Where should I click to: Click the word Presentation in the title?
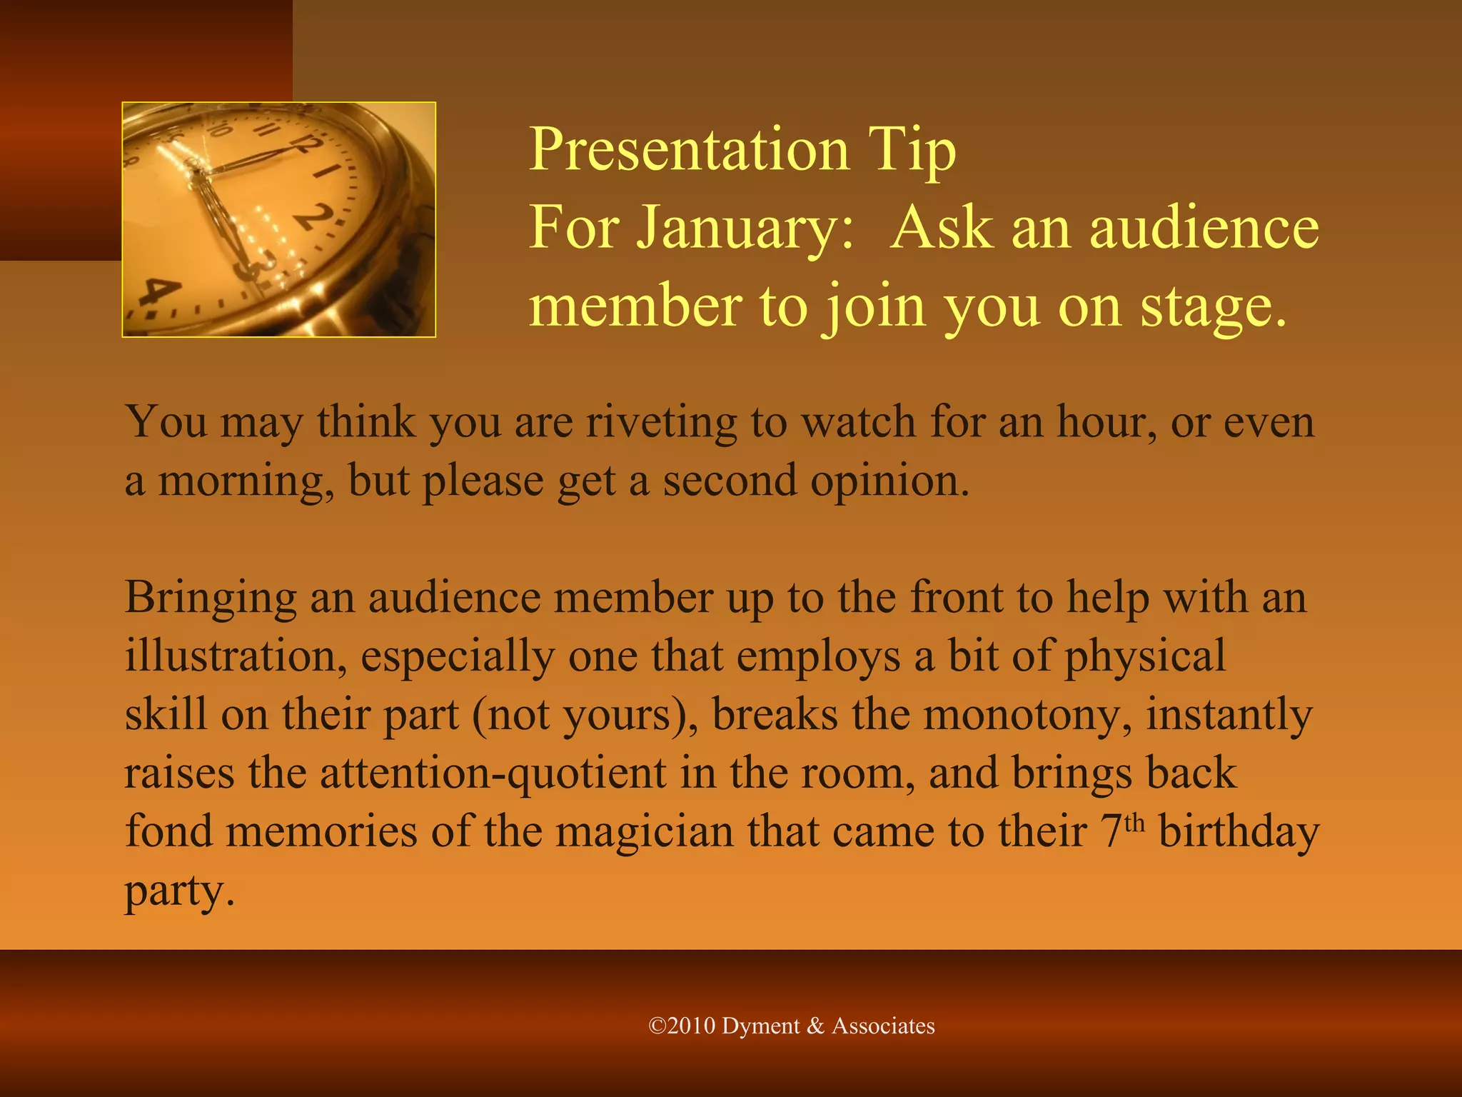(x=689, y=149)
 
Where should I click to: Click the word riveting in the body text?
(x=661, y=422)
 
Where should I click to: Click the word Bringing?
(x=211, y=598)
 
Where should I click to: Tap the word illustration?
(x=236, y=656)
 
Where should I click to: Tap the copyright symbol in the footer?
(x=657, y=1026)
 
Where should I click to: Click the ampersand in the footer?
(x=815, y=1026)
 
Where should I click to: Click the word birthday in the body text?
(x=1239, y=831)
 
